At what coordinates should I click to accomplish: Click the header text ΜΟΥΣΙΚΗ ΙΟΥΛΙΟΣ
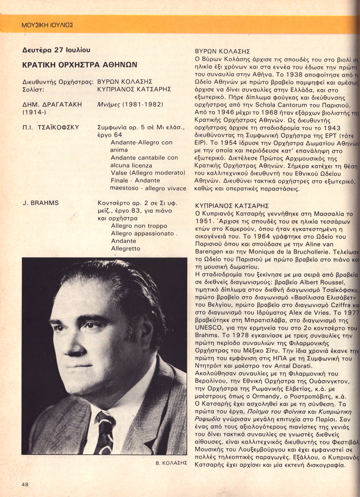coord(47,25)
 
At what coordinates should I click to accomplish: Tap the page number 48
coord(26,484)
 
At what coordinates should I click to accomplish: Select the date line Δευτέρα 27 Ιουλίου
coord(56,51)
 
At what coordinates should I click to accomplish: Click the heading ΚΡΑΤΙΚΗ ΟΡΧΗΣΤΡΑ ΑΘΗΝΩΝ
coord(80,65)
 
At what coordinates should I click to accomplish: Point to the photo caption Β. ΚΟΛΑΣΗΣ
coord(170,463)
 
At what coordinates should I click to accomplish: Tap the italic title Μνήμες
coord(109,104)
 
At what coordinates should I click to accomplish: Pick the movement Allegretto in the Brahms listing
coord(126,248)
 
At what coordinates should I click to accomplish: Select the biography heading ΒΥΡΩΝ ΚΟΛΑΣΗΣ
coord(222,52)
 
